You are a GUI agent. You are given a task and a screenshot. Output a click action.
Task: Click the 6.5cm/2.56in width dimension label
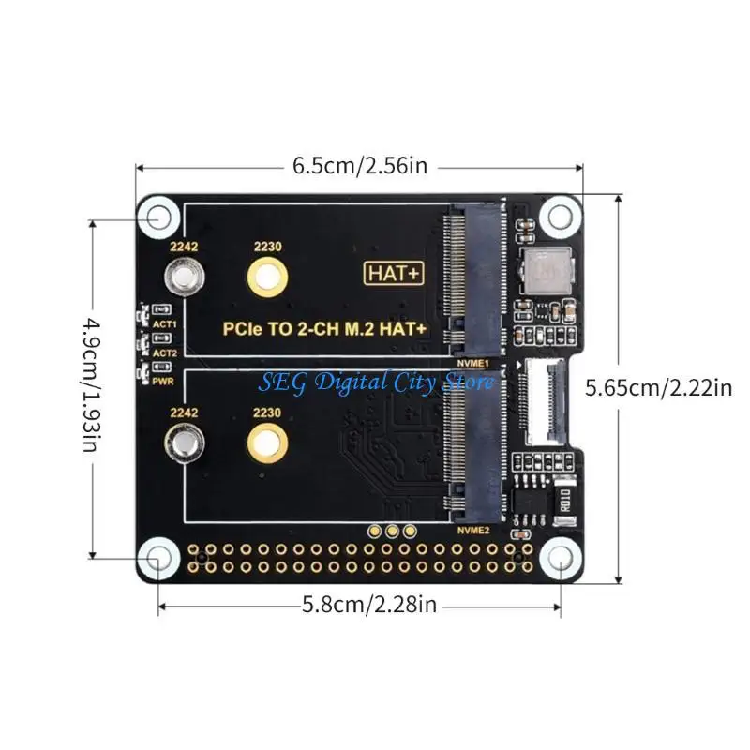pyautogui.click(x=360, y=167)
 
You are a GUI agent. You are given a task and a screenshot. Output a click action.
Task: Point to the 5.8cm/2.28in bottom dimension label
pyautogui.click(x=369, y=606)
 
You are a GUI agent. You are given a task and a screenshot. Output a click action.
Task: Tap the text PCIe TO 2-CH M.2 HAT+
pyautogui.click(x=324, y=329)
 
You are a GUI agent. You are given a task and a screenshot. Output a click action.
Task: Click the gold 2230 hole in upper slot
pyautogui.click(x=268, y=277)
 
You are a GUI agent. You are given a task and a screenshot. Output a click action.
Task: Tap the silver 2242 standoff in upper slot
pyautogui.click(x=182, y=277)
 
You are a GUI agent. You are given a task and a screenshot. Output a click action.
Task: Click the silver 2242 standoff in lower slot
pyautogui.click(x=182, y=442)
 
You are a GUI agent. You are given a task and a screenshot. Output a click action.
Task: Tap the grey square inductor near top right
pyautogui.click(x=543, y=273)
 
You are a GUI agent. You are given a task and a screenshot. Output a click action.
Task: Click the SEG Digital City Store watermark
pyautogui.click(x=377, y=382)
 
